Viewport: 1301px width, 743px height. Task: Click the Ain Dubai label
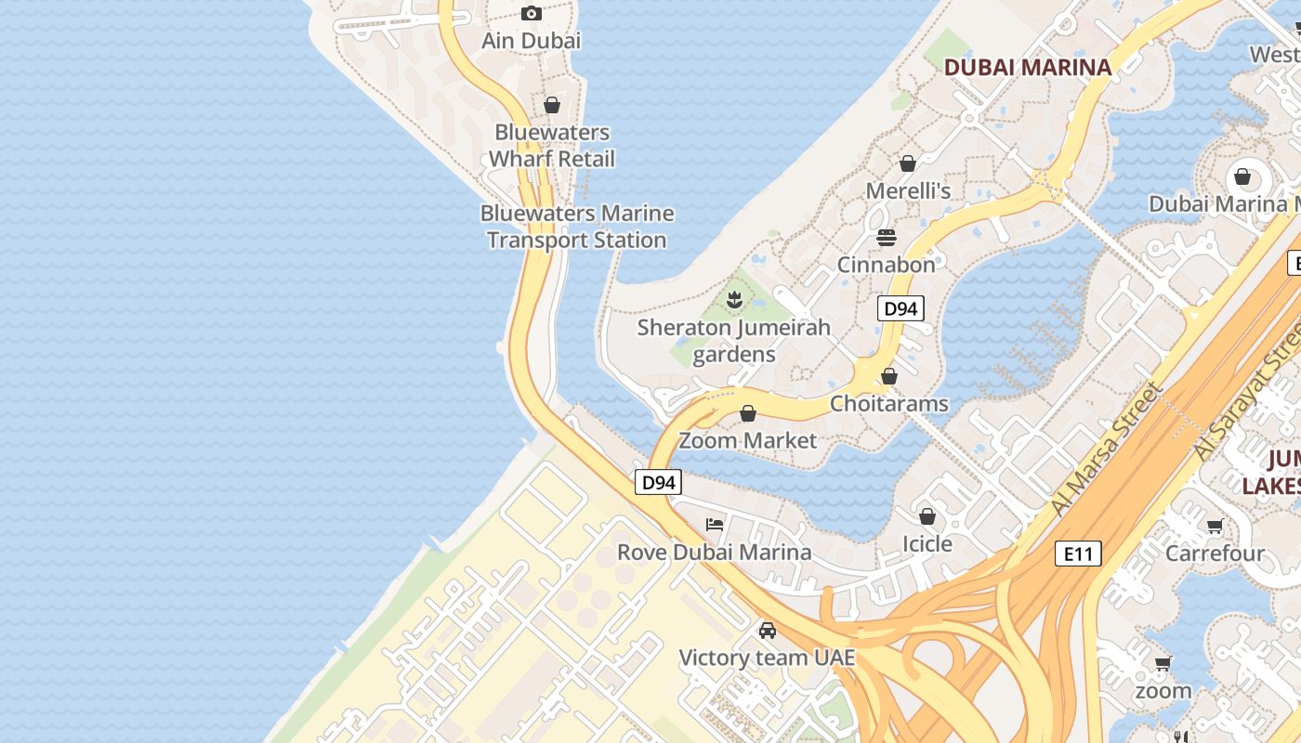pos(531,41)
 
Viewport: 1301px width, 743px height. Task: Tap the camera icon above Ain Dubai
pos(532,13)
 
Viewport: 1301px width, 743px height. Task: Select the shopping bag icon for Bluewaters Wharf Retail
pos(552,105)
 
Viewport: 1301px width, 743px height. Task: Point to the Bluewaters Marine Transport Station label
pos(577,227)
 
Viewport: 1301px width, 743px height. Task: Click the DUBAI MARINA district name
pos(1028,67)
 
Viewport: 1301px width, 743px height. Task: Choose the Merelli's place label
pos(908,190)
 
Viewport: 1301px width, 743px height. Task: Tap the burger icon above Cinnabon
pos(887,238)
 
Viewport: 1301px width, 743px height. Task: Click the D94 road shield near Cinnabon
pos(900,308)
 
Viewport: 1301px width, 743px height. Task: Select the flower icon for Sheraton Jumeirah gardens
pos(734,299)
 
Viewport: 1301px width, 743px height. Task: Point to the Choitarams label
pos(889,403)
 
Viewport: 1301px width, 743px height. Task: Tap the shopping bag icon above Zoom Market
pos(748,413)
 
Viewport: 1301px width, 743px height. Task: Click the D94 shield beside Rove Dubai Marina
pos(658,482)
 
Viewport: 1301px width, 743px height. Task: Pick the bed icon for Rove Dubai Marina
pos(715,525)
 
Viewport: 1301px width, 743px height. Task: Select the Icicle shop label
pos(927,543)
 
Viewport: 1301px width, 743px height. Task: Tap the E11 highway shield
pos(1078,554)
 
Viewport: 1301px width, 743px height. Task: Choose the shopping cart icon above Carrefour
pos(1215,527)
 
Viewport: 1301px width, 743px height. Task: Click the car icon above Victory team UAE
pos(767,631)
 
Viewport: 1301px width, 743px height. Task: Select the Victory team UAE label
pos(767,658)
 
